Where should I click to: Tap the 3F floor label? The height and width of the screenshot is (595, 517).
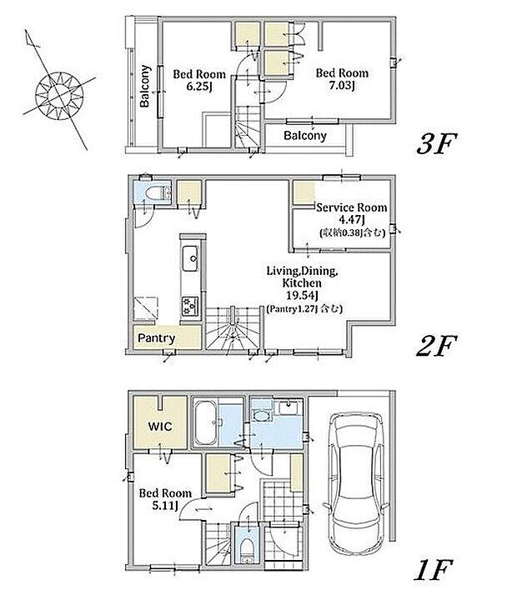pyautogui.click(x=436, y=143)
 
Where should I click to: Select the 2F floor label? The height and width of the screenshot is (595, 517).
pyautogui.click(x=436, y=346)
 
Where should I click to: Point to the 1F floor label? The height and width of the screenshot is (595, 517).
pyautogui.click(x=433, y=570)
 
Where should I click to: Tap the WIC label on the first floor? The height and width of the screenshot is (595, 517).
pyautogui.click(x=160, y=426)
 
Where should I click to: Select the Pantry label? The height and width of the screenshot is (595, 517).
pyautogui.click(x=156, y=337)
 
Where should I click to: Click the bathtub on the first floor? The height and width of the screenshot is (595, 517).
pyautogui.click(x=206, y=423)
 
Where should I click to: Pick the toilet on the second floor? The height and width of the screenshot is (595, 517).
pyautogui.click(x=157, y=194)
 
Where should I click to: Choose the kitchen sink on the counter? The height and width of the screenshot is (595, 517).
pyautogui.click(x=190, y=258)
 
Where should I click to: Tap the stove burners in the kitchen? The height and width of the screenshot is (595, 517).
pyautogui.click(x=190, y=306)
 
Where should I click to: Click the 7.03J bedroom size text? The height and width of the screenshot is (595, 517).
pyautogui.click(x=342, y=86)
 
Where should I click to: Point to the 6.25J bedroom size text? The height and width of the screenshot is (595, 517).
pyautogui.click(x=199, y=87)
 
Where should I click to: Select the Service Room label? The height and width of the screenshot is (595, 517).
pyautogui.click(x=352, y=207)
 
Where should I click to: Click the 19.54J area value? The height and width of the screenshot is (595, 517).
pyautogui.click(x=302, y=295)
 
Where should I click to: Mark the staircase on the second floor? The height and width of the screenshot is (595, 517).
pyautogui.click(x=233, y=327)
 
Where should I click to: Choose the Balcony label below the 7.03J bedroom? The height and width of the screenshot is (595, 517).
pyautogui.click(x=305, y=136)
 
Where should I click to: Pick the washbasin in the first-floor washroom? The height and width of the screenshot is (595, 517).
pyautogui.click(x=260, y=416)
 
